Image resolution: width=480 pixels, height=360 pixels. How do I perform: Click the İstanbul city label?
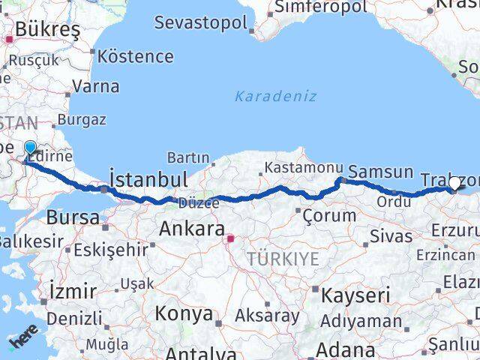147,180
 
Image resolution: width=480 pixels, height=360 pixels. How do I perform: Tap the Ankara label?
192,229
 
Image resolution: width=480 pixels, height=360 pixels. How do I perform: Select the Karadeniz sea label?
275,97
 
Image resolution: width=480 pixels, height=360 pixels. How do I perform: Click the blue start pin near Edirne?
30,148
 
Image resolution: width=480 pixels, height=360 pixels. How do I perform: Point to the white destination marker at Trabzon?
454,183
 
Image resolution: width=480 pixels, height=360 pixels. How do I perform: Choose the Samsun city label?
381,172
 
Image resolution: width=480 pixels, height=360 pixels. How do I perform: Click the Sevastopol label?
200,22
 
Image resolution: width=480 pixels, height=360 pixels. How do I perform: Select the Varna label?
96,86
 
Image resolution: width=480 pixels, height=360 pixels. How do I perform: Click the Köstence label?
135,56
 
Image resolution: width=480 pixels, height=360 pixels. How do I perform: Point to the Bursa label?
73,217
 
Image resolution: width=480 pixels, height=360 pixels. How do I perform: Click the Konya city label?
184,314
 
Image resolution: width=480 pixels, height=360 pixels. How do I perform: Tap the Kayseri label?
355,295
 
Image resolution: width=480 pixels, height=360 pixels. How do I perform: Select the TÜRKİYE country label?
284,259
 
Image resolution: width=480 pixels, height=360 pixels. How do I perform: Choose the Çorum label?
329,216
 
